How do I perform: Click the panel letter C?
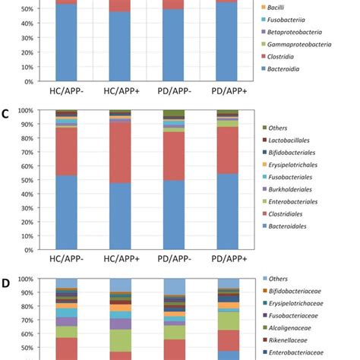pos(6,114)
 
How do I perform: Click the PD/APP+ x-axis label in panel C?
pos(227,259)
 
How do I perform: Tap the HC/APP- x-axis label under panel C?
pos(66,259)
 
